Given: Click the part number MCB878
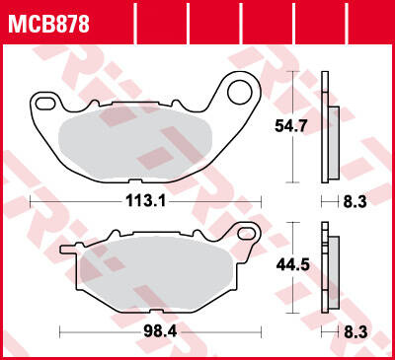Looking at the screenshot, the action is (48, 25).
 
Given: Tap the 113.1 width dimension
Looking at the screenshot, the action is (145, 200).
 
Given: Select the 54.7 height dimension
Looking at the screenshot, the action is (291, 126).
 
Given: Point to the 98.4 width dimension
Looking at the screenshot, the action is (160, 331).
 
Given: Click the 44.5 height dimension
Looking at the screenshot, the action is (292, 264).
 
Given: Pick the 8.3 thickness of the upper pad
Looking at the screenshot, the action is (355, 202).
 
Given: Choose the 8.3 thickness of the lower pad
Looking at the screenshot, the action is (355, 332).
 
